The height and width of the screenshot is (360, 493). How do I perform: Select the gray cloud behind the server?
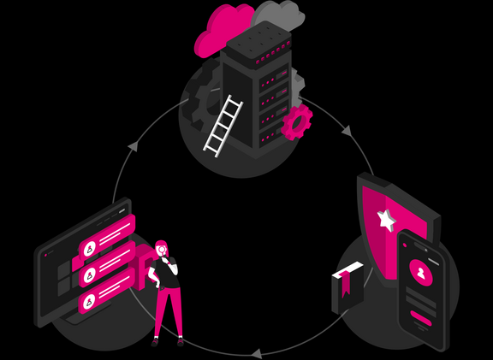(279, 17)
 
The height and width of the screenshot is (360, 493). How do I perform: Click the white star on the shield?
(387, 221)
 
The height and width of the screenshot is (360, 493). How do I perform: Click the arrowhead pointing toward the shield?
(346, 132)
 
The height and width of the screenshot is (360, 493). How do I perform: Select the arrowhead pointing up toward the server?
(133, 146)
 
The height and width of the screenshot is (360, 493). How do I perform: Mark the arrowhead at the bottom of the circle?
(255, 351)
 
